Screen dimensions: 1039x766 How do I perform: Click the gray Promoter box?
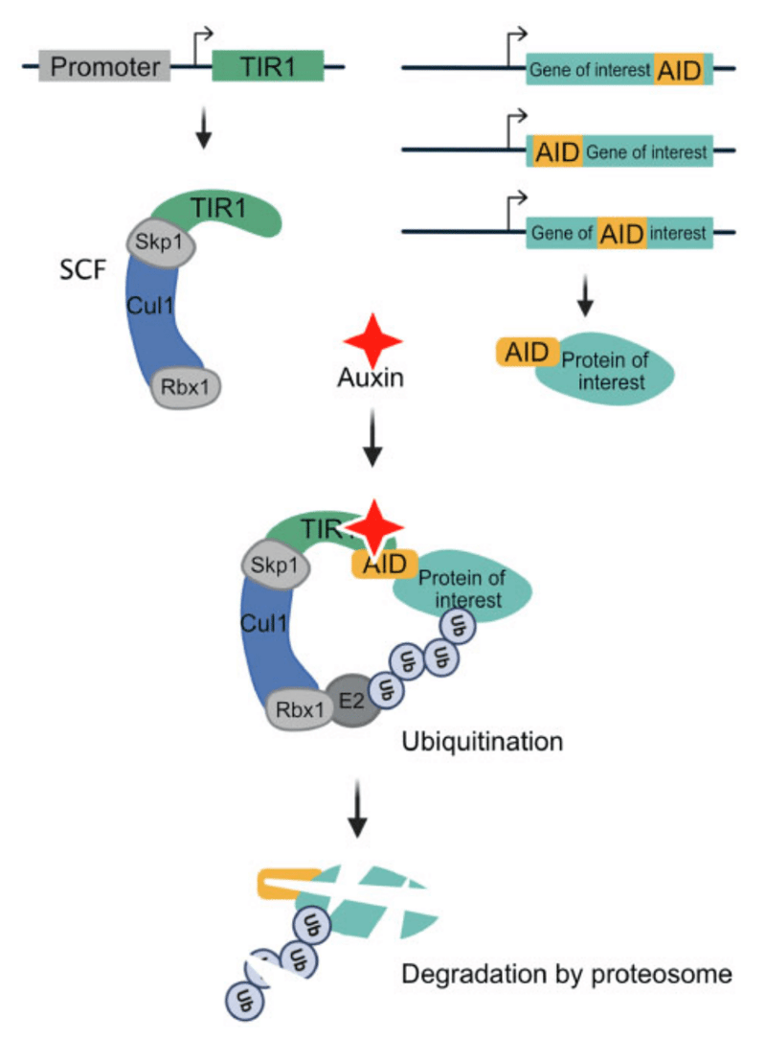point(104,67)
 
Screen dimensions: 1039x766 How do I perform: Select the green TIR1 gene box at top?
point(267,67)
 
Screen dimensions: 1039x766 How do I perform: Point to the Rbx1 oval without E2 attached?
point(188,388)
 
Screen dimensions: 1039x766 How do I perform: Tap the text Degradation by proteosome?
point(567,976)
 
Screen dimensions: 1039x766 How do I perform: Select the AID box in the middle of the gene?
point(621,233)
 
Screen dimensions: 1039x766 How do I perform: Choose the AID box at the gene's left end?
point(556,150)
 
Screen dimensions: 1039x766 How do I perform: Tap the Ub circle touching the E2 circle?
point(385,687)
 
